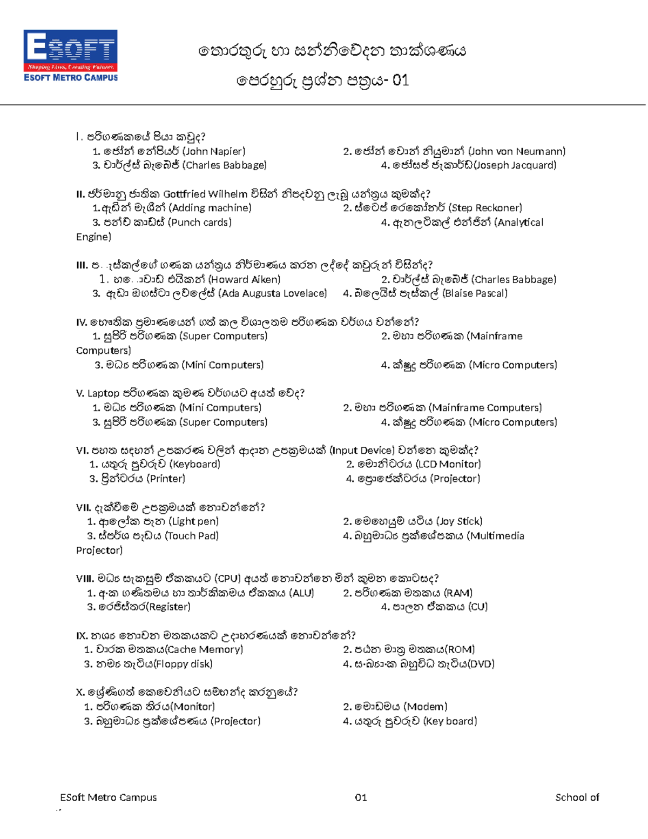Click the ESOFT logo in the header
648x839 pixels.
[70, 56]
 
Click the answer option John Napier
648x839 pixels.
[168, 151]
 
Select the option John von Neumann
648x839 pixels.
[454, 151]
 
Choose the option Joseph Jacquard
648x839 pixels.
[468, 165]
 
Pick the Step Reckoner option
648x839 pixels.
[433, 208]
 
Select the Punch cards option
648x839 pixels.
[161, 222]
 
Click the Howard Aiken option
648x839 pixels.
[190, 279]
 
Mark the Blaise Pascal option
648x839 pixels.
[425, 293]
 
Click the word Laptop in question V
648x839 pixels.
[103, 393]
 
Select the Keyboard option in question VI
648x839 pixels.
[154, 464]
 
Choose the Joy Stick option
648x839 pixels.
[413, 521]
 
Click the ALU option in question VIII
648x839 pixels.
[200, 593]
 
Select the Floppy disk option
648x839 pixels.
[148, 664]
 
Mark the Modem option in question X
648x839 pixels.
[395, 707]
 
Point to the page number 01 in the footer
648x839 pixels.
[361, 797]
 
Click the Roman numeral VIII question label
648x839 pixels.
[84, 579]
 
